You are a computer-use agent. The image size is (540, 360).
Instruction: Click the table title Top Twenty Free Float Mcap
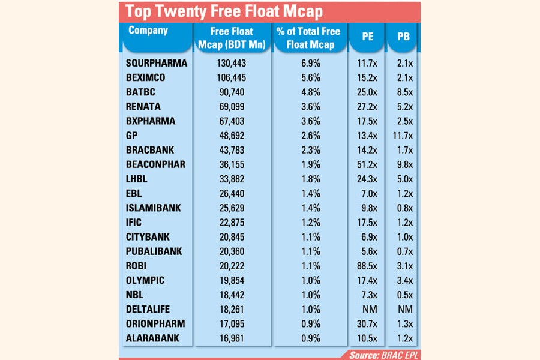[x=224, y=11]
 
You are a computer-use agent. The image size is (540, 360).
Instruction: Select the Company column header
[x=148, y=31]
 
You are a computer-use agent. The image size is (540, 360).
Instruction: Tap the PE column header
[x=368, y=37]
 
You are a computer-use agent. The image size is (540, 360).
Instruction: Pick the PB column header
[x=403, y=37]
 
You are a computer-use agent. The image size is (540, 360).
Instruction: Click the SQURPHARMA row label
[x=157, y=63]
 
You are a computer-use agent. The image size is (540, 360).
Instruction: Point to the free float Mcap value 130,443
[x=232, y=63]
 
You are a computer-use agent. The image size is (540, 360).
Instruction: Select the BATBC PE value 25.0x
[x=368, y=92]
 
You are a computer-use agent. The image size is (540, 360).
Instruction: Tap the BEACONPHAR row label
[x=155, y=164]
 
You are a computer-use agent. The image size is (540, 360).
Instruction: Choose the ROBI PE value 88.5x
[x=368, y=266]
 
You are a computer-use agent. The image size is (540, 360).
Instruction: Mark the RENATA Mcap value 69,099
[x=232, y=106]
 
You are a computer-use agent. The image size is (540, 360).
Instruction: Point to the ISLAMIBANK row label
[x=154, y=208]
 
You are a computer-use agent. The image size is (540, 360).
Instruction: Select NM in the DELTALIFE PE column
[x=368, y=310]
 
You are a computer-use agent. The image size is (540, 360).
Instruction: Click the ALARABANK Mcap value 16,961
[x=232, y=338]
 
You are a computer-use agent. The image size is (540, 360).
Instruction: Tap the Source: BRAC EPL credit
[x=384, y=354]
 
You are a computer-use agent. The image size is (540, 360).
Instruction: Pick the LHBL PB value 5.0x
[x=403, y=179]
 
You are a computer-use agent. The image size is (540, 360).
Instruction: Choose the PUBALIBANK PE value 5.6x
[x=368, y=251]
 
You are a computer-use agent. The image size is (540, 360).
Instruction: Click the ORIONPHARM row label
[x=155, y=324]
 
